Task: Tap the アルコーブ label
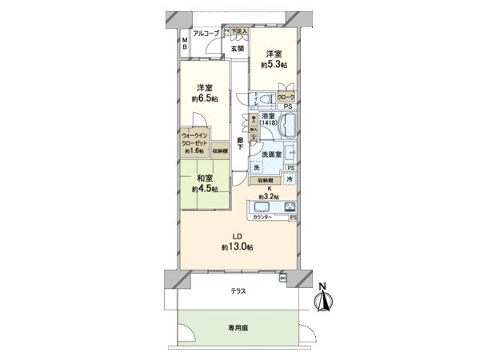[x=206, y=34]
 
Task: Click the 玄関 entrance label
[x=238, y=48]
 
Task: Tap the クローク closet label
[x=286, y=97]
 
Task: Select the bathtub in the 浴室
[x=287, y=126]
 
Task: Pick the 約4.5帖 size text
[x=203, y=190]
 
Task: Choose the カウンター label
[x=263, y=218]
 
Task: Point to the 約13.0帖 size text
[x=237, y=247]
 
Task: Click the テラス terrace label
[x=238, y=292]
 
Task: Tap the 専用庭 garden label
[x=238, y=327]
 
